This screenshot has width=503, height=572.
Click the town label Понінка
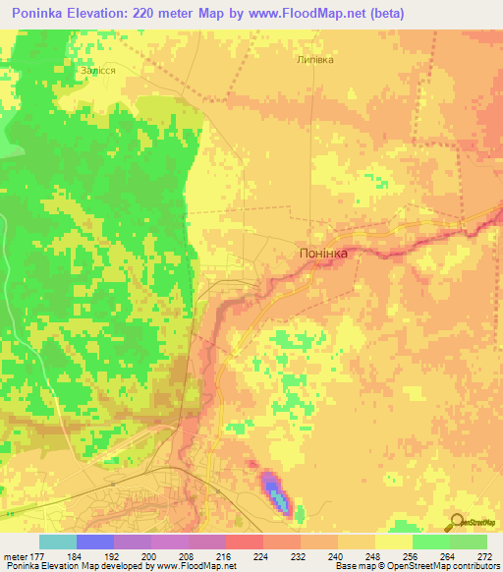323,253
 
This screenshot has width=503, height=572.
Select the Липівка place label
314,59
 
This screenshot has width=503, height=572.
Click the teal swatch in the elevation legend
58,542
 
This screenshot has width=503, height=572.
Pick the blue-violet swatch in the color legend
95,542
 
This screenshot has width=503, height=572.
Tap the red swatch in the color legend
245,542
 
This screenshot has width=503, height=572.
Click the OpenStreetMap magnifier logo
456,522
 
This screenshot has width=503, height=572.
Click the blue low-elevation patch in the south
275,492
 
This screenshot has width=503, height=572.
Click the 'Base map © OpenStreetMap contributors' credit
417,566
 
